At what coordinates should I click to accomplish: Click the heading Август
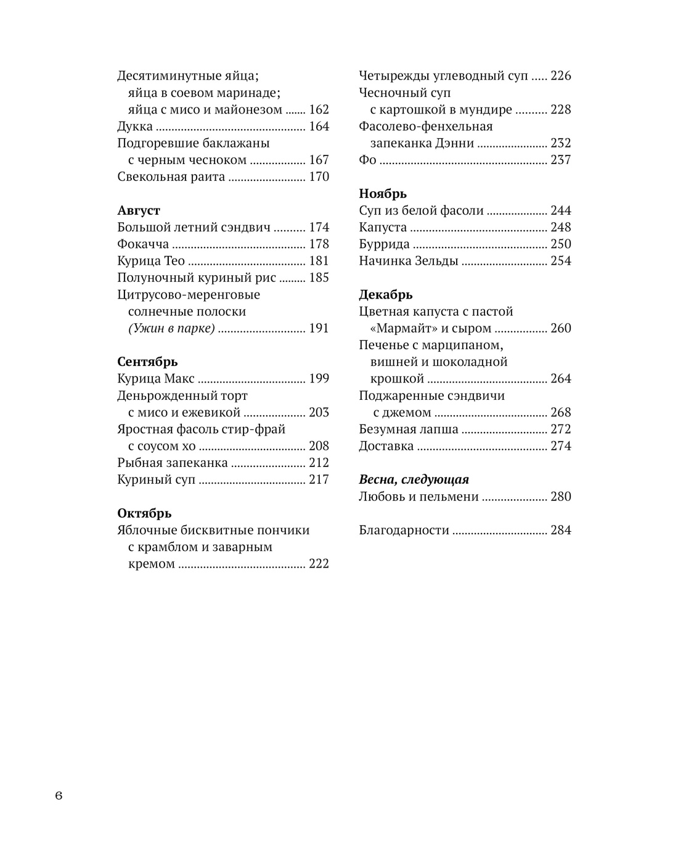pos(139,210)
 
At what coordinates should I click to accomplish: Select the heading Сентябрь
pos(147,362)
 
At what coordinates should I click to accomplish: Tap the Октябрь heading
pos(144,513)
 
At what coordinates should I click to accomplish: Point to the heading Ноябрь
pos(383,194)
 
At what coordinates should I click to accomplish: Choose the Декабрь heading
pos(386,294)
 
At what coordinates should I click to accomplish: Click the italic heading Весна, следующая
pos(414,479)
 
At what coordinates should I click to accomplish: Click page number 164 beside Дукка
pos(319,126)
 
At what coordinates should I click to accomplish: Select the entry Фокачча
pos(143,244)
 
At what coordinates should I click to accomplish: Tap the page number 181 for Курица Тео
pos(319,261)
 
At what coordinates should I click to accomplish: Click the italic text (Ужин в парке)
pos(171,328)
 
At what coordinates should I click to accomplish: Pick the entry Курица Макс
pos(156,379)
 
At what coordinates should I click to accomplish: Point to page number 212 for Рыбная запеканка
pos(319,463)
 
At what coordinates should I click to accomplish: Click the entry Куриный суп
pos(156,479)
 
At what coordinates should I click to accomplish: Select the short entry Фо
pos(367,160)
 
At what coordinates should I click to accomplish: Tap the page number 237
pos(561,160)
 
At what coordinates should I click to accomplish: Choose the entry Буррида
pos(384,244)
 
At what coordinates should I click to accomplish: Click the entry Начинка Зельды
pos(409,261)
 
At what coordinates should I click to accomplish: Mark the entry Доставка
pos(386,446)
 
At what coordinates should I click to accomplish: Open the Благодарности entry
pos(404,530)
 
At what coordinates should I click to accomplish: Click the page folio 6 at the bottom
pos(59,795)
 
